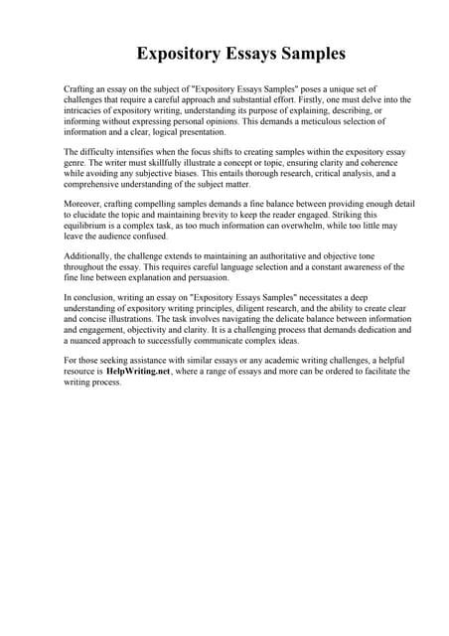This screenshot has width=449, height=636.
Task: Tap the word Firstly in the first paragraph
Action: (x=287, y=100)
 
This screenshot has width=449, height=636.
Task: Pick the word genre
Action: (x=75, y=162)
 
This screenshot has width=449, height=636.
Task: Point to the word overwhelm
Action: (x=297, y=226)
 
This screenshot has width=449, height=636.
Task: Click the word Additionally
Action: (x=87, y=256)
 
